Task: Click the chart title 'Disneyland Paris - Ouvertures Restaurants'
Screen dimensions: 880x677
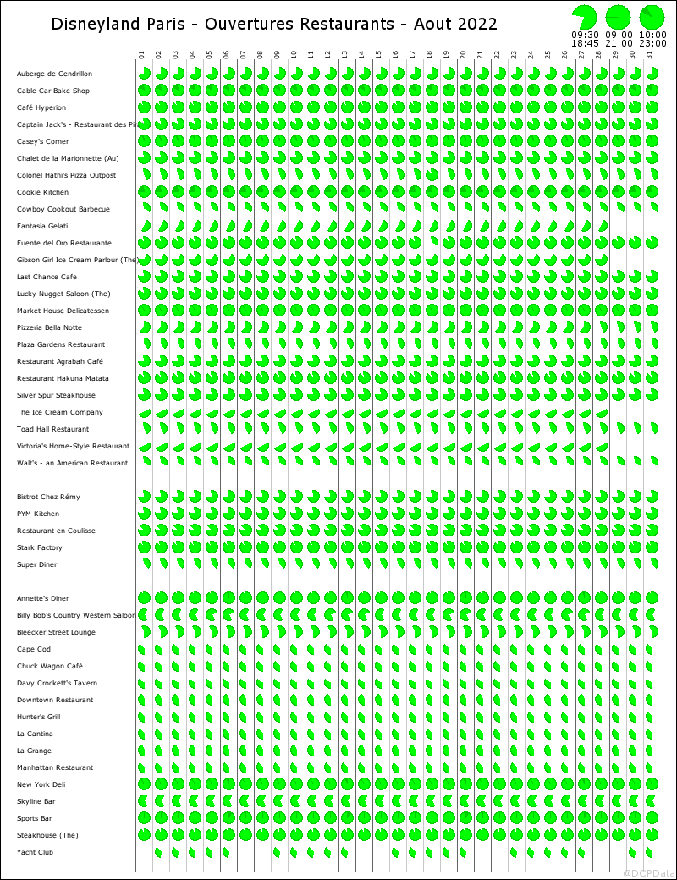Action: (x=274, y=24)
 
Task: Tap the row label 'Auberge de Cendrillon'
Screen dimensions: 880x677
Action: (x=54, y=74)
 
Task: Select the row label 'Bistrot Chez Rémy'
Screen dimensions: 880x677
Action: (x=49, y=498)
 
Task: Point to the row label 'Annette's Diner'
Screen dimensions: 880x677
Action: (x=42, y=599)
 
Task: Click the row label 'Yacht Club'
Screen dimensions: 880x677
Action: (x=35, y=853)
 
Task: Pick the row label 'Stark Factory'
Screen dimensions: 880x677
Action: (x=39, y=548)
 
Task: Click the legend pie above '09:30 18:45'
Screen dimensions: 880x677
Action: (x=584, y=16)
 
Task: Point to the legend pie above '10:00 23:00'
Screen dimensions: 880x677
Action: (x=652, y=16)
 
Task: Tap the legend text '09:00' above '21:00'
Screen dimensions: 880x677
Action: (x=619, y=35)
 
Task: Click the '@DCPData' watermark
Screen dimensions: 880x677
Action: (x=649, y=872)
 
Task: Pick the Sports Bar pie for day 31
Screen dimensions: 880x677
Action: (x=652, y=818)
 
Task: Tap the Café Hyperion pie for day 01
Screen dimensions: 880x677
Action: (x=144, y=107)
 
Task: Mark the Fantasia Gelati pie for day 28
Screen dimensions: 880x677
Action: (x=603, y=227)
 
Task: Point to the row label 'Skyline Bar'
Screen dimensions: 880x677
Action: (x=36, y=802)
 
